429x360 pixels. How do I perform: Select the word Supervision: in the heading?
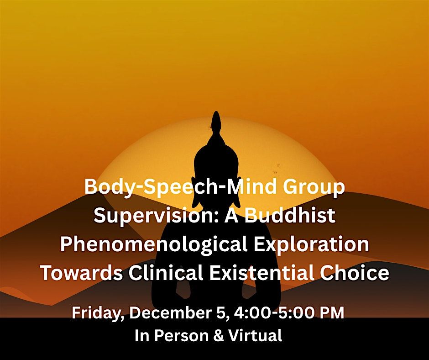coord(149,216)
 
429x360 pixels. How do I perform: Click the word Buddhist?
coord(290,216)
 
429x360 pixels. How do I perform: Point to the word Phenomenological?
coord(153,244)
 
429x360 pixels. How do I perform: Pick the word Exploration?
coord(311,244)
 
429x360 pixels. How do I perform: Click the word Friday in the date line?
coord(98,314)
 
